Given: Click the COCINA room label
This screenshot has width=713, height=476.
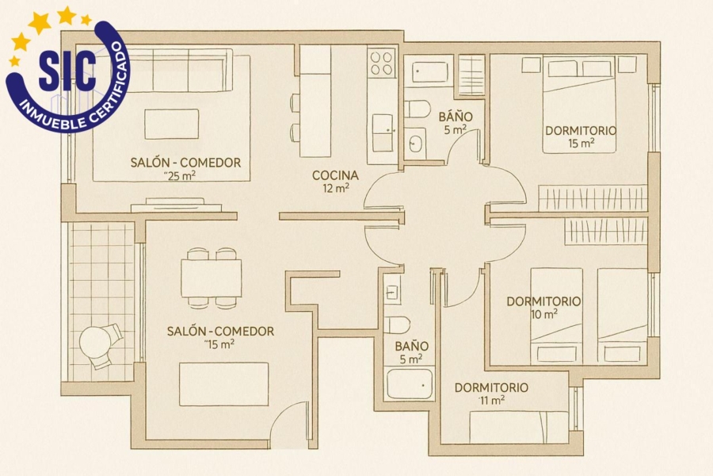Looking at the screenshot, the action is [335, 175].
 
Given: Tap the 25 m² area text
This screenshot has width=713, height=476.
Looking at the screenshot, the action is [181, 176].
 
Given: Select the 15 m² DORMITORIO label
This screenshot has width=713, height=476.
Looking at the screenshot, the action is [581, 136].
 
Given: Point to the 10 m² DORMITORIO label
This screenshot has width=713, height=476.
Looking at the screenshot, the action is [543, 308].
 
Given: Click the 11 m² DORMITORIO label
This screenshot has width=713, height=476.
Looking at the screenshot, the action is [491, 393].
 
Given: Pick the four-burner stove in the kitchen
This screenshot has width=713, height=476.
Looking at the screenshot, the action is [381, 63].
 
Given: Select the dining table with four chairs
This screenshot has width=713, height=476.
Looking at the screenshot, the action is [211, 278].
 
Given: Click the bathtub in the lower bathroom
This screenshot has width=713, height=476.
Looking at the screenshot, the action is [409, 384].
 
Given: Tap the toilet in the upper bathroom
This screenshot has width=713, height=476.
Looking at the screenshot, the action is [417, 109].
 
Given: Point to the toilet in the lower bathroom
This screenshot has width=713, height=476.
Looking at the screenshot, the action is [397, 324].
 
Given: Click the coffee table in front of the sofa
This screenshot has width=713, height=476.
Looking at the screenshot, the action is [172, 124].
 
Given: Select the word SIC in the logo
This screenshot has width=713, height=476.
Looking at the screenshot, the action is [67, 70].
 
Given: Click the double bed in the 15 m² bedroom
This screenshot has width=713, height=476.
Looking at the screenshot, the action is [579, 104].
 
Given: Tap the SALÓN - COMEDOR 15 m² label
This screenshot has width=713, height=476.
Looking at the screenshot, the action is [220, 337].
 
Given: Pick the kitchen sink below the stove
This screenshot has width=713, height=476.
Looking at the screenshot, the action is [383, 133].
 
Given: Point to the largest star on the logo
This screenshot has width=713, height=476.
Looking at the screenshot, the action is [39, 22].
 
